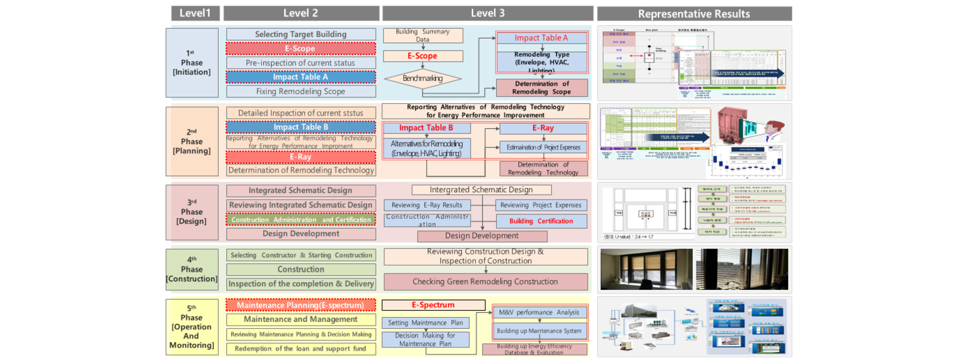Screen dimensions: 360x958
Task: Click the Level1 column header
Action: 195,13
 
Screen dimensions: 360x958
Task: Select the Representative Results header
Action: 694,14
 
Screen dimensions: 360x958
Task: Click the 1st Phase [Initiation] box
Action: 192,62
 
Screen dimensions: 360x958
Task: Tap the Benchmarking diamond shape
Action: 422,78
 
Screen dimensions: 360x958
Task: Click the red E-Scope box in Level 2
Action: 301,49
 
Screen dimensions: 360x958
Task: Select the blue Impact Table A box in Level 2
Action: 301,77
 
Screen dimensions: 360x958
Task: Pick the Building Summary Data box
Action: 423,35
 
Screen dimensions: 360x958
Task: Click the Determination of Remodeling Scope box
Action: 541,88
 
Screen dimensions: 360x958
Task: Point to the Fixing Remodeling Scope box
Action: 301,91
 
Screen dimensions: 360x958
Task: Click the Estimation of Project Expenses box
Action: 543,147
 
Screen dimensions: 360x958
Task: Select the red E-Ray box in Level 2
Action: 301,157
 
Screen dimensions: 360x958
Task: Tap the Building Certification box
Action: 541,221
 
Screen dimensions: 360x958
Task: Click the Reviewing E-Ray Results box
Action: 427,205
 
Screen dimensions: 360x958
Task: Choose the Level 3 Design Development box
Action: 482,236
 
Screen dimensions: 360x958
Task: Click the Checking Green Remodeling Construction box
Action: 485,281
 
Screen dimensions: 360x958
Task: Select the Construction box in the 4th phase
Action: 301,269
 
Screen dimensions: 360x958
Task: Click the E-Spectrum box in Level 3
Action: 433,305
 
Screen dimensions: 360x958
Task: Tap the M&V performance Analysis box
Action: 539,312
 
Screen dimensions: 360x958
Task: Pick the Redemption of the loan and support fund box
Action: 301,349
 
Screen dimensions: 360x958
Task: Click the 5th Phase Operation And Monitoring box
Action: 192,327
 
